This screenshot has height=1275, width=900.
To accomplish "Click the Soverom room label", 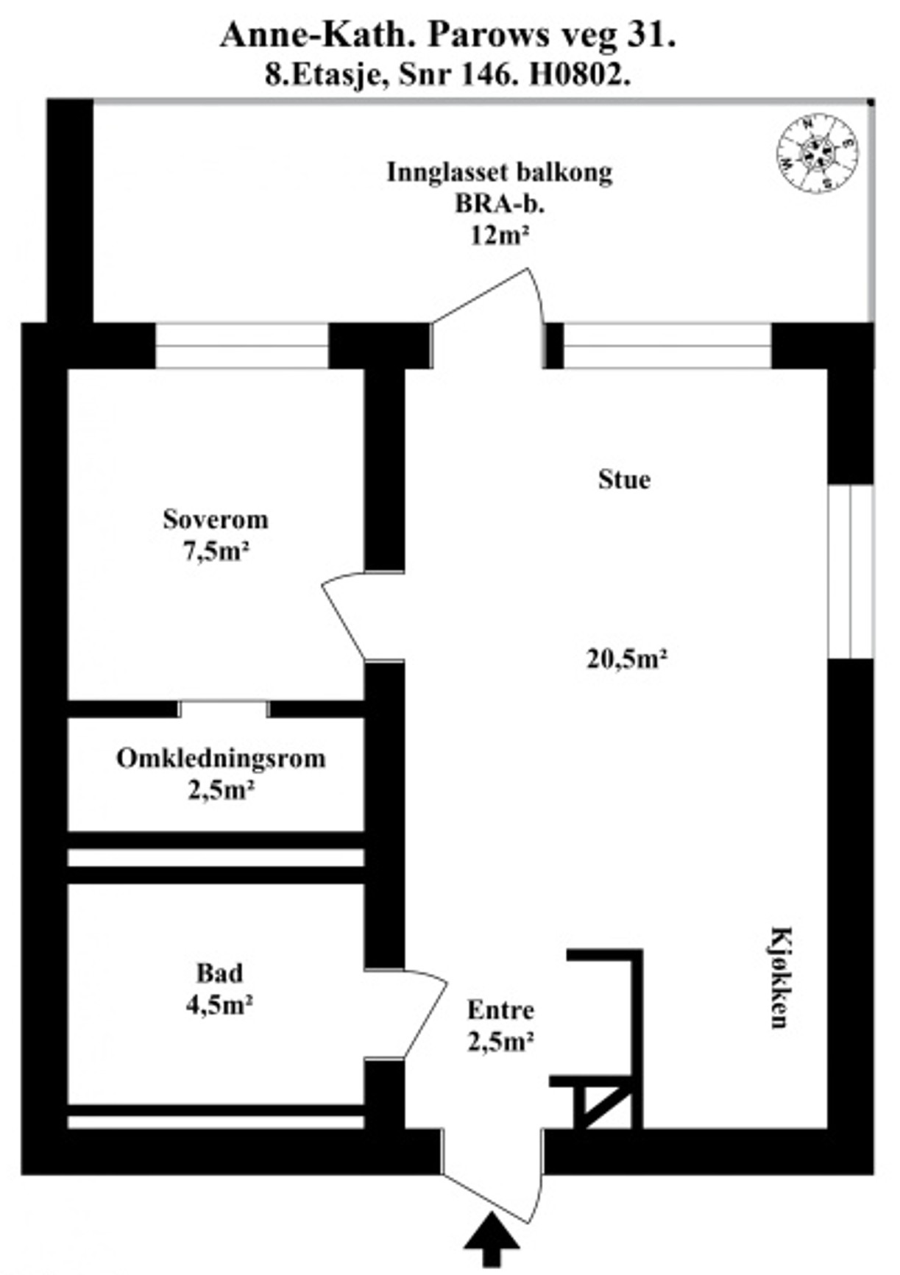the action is (x=216, y=519).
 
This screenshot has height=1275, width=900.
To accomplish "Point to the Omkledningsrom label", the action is (x=221, y=759).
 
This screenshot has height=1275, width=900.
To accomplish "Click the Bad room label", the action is (x=219, y=973).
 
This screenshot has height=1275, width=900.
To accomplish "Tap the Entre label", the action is (x=500, y=1010).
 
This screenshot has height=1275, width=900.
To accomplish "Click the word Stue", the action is (x=624, y=480).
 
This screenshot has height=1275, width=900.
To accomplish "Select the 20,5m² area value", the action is (x=626, y=658).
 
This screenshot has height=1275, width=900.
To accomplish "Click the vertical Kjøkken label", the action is (x=780, y=977).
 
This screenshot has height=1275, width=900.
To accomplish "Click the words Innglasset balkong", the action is (x=500, y=172).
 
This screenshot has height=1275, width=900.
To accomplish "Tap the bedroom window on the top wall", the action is (x=242, y=346).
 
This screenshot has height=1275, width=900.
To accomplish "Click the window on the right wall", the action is (x=851, y=571).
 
